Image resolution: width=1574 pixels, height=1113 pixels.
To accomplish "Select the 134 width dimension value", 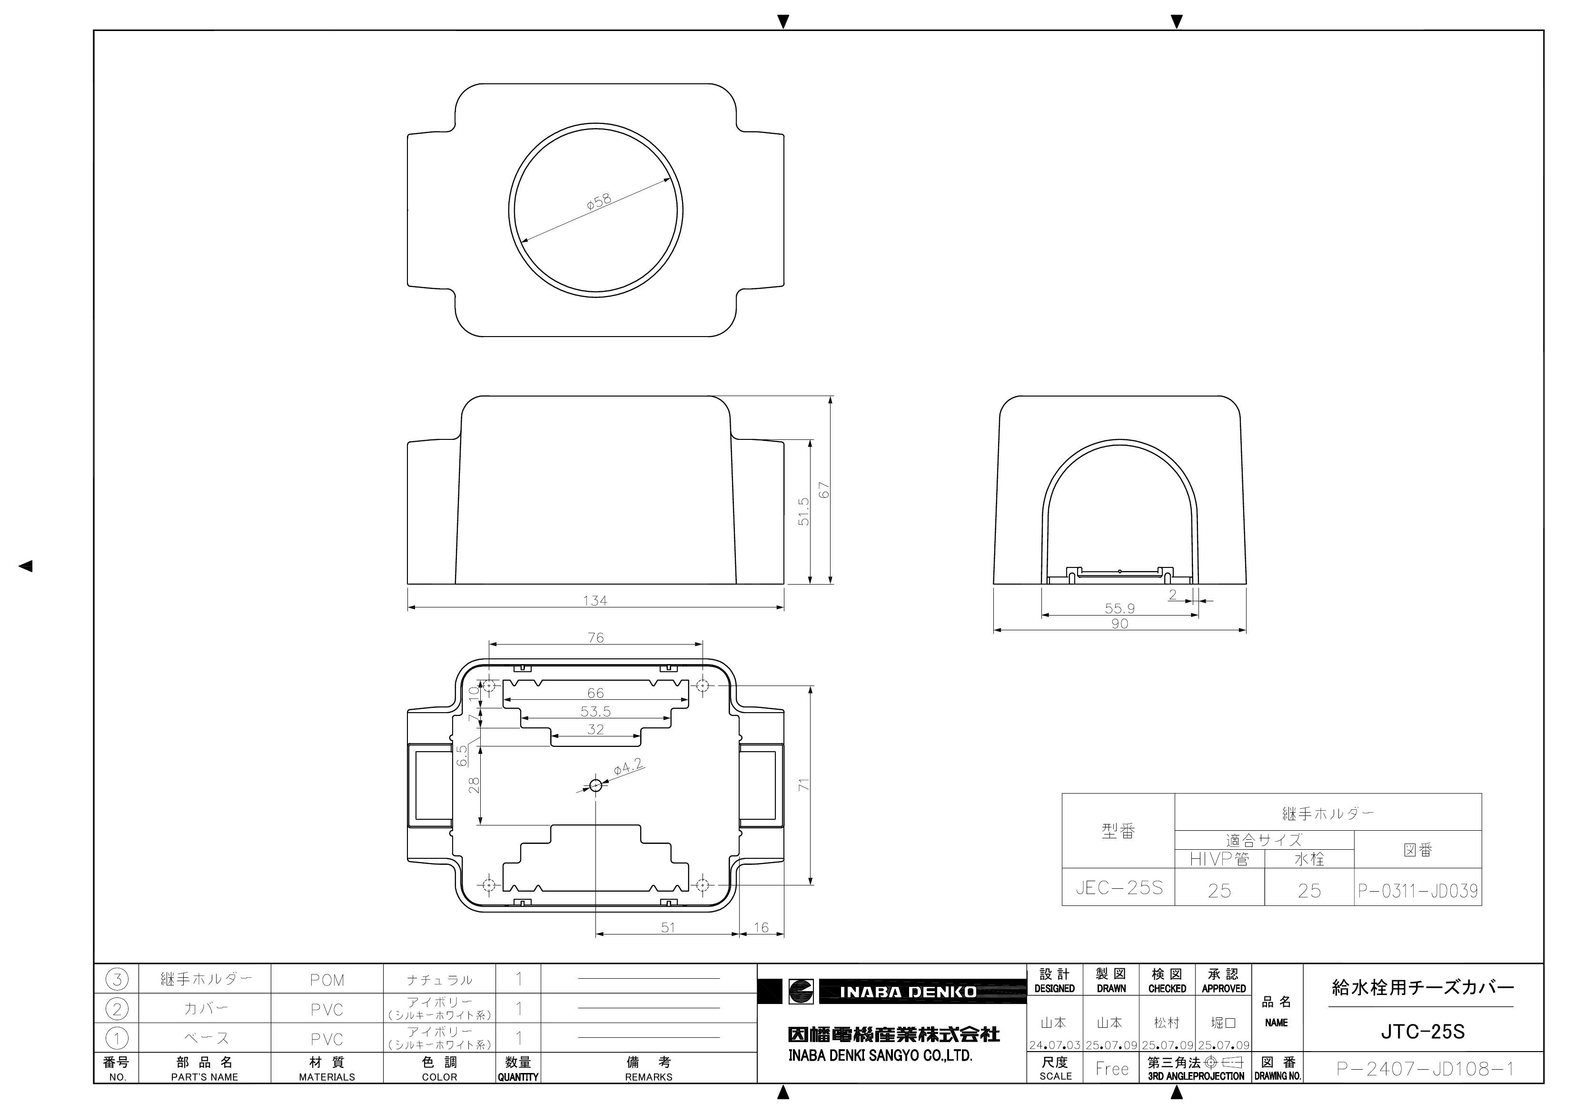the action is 595,601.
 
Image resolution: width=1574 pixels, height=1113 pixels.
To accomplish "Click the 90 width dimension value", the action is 1119,623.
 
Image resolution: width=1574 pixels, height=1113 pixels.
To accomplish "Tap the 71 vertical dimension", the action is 805,785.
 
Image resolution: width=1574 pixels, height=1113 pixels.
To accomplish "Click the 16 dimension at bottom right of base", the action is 761,927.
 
